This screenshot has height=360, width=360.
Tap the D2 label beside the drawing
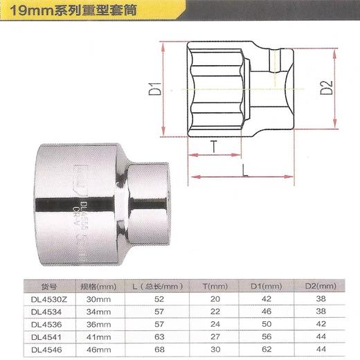[x=327, y=87]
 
